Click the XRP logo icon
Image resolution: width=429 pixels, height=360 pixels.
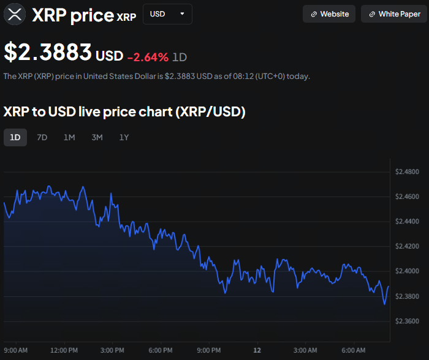(x=14, y=14)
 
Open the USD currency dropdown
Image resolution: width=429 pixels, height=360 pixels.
(x=167, y=14)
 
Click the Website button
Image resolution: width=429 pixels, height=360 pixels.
(x=329, y=14)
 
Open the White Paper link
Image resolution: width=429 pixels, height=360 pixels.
(x=394, y=14)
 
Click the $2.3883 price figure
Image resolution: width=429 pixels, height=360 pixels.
(x=48, y=53)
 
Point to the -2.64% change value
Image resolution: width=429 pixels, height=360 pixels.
(x=148, y=57)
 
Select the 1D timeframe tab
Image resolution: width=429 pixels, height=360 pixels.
(x=15, y=137)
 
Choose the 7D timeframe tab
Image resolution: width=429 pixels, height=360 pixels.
(x=42, y=137)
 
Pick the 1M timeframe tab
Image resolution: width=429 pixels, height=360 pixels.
(x=69, y=137)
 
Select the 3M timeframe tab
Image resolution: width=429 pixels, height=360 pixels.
(x=97, y=137)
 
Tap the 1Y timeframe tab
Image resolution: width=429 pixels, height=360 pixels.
(x=124, y=137)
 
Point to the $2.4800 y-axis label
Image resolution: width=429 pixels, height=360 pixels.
(x=408, y=171)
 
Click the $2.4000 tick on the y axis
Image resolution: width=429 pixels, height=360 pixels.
(x=408, y=271)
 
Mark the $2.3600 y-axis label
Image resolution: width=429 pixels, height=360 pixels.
(x=408, y=321)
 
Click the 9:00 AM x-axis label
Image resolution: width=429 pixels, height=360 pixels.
(x=15, y=350)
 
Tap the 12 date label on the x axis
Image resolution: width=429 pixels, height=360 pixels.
(x=257, y=350)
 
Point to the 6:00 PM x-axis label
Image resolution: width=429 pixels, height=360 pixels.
(x=160, y=350)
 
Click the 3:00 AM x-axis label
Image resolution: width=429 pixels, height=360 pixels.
(x=305, y=350)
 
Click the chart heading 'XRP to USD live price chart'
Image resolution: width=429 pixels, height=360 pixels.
(x=124, y=112)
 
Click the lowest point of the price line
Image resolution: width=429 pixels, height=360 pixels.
(x=385, y=304)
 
